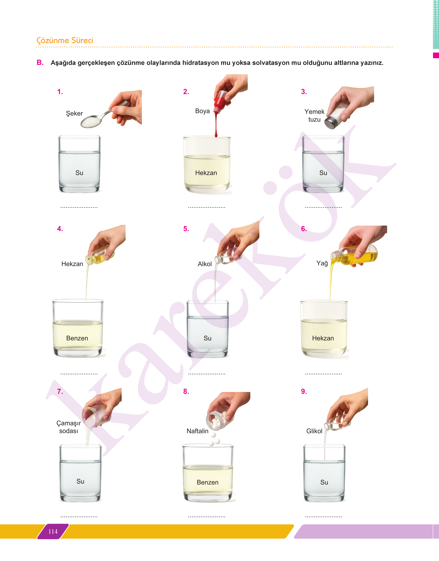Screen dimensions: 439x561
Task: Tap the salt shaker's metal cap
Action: [330, 123]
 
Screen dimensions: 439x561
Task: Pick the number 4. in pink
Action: [60, 229]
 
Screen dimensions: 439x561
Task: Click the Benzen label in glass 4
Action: [77, 338]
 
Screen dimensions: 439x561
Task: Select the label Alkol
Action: [205, 264]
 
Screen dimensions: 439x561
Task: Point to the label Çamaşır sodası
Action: [69, 427]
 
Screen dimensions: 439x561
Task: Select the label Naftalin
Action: [197, 431]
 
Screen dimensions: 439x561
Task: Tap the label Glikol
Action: [314, 431]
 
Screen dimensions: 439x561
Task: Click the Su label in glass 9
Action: [324, 482]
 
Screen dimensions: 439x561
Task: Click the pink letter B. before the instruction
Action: [40, 62]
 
